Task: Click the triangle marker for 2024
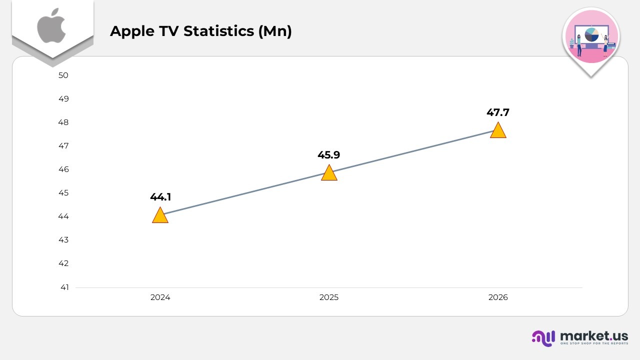(x=160, y=216)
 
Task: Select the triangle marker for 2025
(x=329, y=173)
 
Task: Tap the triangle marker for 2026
(x=498, y=131)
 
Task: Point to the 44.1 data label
(x=160, y=197)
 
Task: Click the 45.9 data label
(x=329, y=155)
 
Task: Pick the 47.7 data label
(x=498, y=112)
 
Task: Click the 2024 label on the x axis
(x=160, y=297)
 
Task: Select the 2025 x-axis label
(x=329, y=297)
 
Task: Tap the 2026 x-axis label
(x=498, y=297)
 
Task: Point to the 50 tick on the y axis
(x=63, y=75)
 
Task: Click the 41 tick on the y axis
(x=64, y=287)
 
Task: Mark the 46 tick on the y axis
(x=63, y=169)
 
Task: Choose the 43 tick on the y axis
(x=63, y=240)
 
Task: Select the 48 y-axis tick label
(x=63, y=122)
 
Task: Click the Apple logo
(x=52, y=25)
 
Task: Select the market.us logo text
(x=594, y=335)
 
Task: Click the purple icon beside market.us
(x=543, y=338)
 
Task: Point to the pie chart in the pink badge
(x=591, y=34)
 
